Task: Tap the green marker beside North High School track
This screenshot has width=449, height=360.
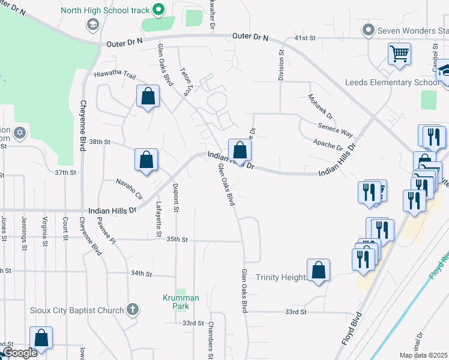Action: point(158,9)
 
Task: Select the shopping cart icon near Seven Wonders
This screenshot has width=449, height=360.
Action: point(399,55)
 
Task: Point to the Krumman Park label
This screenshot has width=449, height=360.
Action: point(176,302)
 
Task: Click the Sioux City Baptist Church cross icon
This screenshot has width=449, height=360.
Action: point(133,310)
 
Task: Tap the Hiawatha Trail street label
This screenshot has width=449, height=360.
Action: point(115,74)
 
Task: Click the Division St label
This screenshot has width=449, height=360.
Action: point(280,65)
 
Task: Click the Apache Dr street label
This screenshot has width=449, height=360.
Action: point(328,145)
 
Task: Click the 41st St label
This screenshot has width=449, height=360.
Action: point(305,38)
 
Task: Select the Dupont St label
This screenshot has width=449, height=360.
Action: point(176,198)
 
